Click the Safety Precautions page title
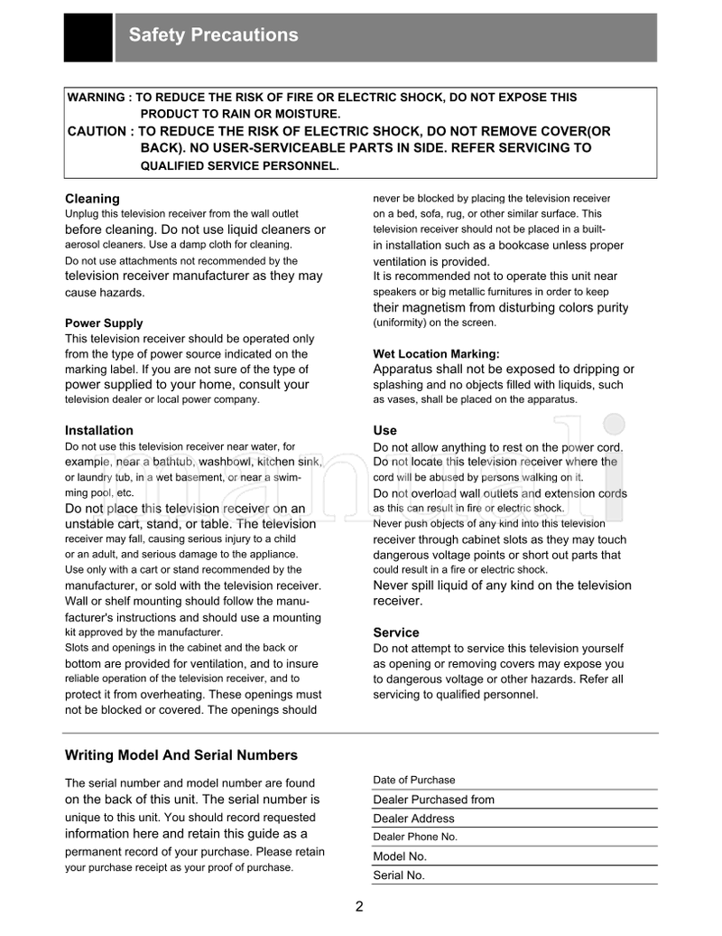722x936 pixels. point(213,35)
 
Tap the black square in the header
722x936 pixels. point(88,37)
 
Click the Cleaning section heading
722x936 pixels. point(92,198)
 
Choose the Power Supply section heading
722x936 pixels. point(104,323)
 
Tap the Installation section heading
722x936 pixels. point(99,430)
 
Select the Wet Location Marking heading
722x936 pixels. point(436,353)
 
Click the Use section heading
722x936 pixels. point(384,430)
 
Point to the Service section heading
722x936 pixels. point(396,632)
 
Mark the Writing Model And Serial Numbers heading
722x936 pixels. point(181,754)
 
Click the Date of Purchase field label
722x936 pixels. point(414,780)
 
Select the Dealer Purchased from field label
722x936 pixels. point(433,800)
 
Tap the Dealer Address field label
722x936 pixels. point(413,819)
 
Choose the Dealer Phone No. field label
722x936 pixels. point(415,837)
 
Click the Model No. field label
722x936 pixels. point(400,856)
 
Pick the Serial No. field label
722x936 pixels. point(399,875)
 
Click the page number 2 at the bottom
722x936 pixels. point(359,907)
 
